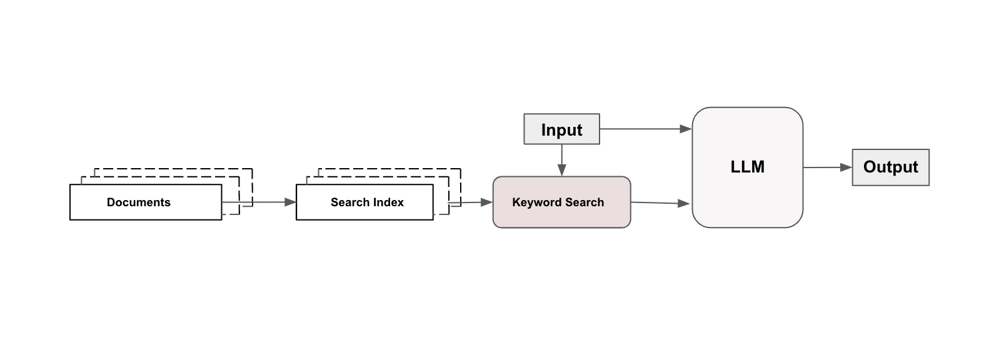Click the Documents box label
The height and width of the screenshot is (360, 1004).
[x=139, y=202]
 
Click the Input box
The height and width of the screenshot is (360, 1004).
[x=561, y=129]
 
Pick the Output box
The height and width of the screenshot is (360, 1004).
[x=890, y=167]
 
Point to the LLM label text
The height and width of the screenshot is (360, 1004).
[x=747, y=167]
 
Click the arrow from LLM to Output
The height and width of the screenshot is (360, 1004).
[x=825, y=167]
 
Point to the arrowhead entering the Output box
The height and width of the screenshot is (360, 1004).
[x=846, y=167]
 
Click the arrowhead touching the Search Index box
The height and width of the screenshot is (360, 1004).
[x=290, y=202]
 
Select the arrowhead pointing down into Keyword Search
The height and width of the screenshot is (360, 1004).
[x=561, y=170]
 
